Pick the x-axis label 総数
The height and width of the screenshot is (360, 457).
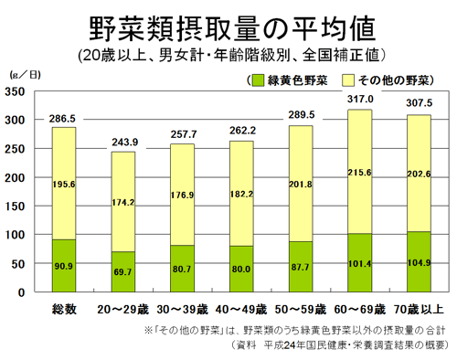(63, 308)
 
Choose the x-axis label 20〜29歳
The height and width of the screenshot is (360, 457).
(123, 308)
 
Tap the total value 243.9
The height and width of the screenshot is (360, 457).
(123, 141)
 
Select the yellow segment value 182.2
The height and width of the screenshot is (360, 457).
(241, 195)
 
